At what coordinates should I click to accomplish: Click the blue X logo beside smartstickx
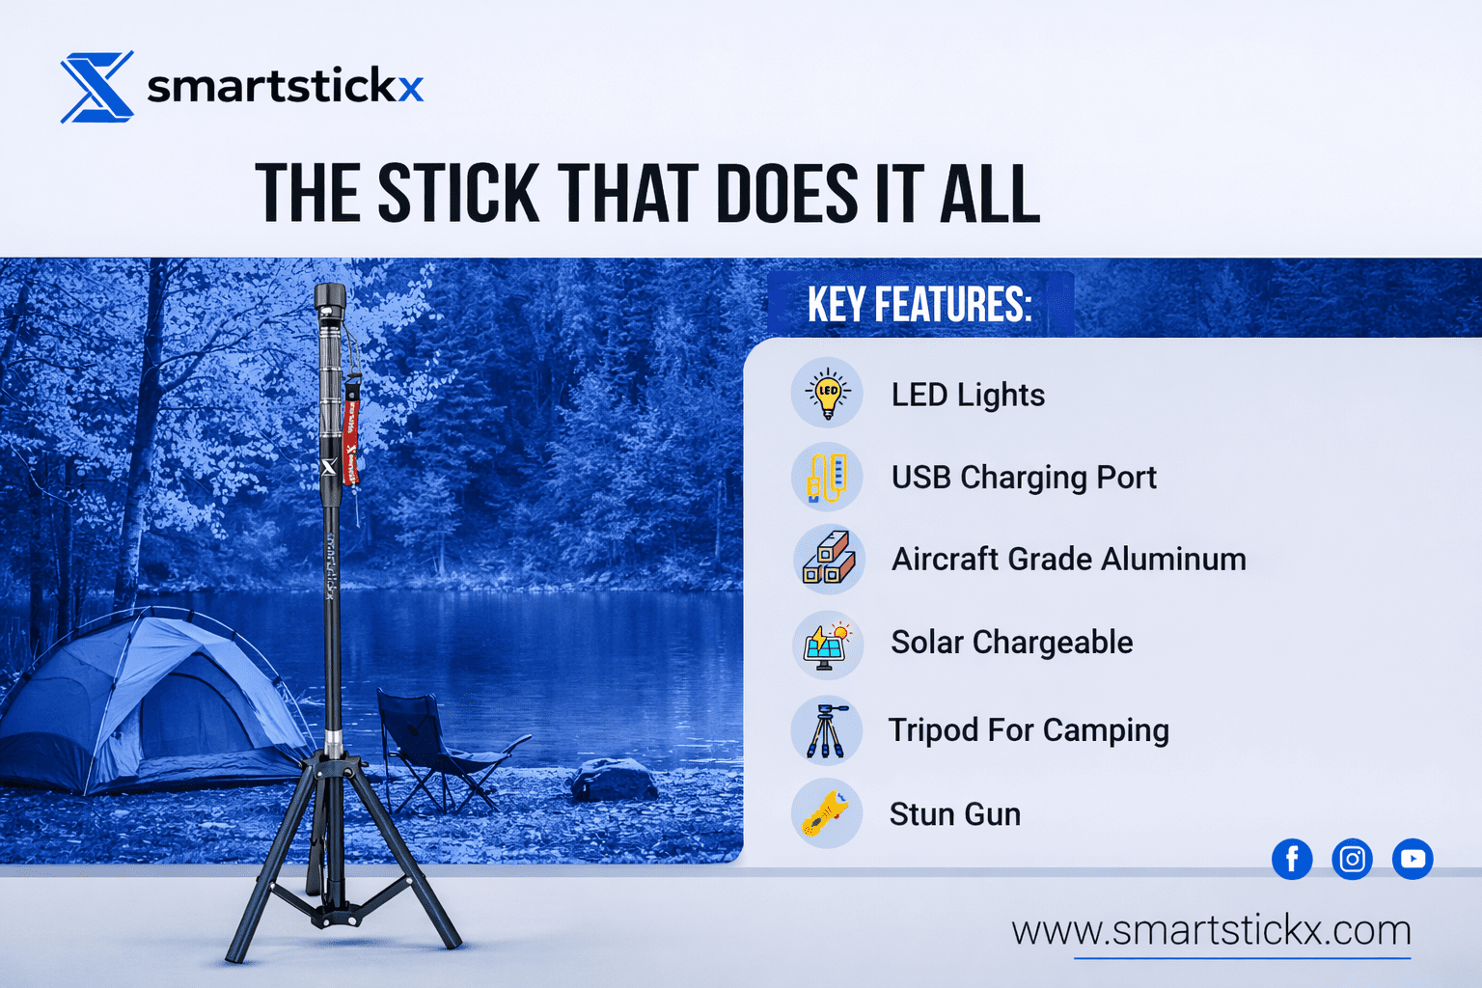point(97,87)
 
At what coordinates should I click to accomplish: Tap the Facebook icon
point(1292,859)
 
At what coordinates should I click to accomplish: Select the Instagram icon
point(1352,859)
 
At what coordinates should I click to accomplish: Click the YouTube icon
point(1413,859)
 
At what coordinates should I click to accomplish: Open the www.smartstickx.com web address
point(1212,930)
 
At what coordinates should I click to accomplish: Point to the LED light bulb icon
point(827,393)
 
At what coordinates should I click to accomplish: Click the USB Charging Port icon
point(827,477)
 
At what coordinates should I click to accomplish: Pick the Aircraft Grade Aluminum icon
point(829,560)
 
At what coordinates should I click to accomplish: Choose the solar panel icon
point(828,644)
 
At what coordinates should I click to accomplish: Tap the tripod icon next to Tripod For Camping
point(827,730)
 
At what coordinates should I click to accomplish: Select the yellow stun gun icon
point(827,813)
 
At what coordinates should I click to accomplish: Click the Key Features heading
point(919,304)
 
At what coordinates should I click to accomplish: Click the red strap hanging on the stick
point(350,430)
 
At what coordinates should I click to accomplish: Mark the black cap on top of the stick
point(329,301)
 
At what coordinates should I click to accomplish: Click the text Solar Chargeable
point(1011,643)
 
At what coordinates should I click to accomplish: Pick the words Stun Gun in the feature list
point(955,814)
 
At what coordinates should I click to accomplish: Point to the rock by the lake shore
point(616,781)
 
